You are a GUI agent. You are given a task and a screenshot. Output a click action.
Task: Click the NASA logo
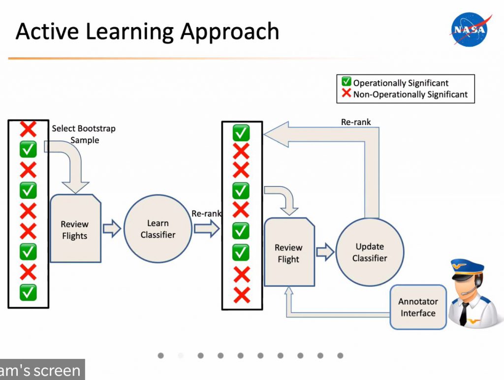coord(470,30)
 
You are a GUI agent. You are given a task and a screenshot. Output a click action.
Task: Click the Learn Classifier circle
coord(158,228)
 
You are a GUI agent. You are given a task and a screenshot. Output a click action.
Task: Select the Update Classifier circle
coord(370,252)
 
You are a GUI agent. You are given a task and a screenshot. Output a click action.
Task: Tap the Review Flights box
coord(75,228)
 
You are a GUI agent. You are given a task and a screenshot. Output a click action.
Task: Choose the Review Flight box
coord(289,252)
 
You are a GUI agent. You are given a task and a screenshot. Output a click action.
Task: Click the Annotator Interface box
coord(418,307)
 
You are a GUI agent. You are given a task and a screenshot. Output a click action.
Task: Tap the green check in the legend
coord(346,82)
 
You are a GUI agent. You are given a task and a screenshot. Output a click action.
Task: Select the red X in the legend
coord(346,93)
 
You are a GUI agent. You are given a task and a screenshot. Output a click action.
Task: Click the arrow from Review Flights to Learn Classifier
coord(112,228)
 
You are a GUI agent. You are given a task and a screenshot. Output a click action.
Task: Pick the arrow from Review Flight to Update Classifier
coord(325,252)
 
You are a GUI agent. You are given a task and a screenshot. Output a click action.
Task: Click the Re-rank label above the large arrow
coord(356,122)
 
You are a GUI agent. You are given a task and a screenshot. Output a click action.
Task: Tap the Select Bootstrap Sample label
coord(84,134)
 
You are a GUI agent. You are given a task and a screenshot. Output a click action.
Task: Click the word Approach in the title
coord(229,32)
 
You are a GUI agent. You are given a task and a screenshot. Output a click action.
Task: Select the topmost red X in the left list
coord(28,129)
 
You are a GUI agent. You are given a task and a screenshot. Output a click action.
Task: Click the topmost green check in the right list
coord(241,133)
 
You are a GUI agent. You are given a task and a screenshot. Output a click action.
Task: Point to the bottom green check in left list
coord(28,292)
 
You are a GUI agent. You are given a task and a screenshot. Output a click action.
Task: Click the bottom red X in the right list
coord(242,295)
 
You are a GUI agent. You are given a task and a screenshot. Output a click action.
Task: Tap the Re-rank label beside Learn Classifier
coord(206,214)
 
